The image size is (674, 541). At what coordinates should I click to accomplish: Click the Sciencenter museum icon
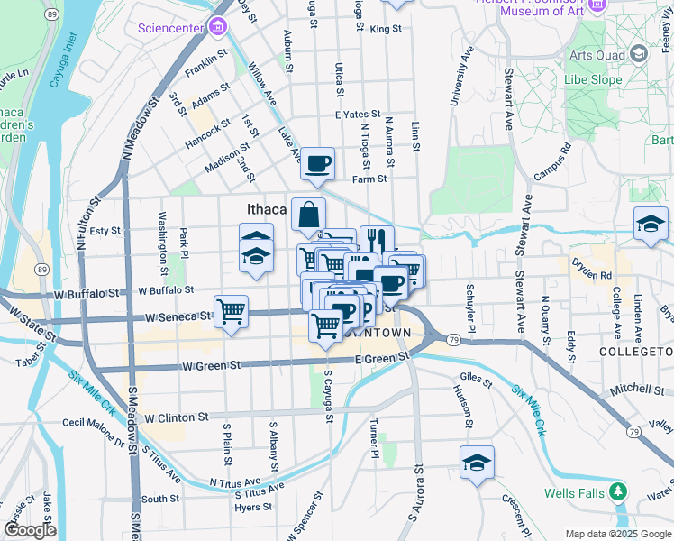click(215, 27)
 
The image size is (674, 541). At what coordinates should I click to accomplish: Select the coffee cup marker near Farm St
click(317, 164)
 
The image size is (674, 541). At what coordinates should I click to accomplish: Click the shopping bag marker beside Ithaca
click(308, 215)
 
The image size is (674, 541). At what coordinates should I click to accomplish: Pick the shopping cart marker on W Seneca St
click(232, 312)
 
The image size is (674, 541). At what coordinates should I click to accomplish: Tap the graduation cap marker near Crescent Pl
click(477, 463)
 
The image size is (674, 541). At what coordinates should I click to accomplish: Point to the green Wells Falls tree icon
click(618, 492)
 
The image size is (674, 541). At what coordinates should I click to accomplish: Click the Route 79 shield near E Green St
click(453, 340)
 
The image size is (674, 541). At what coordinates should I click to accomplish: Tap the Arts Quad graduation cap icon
click(639, 55)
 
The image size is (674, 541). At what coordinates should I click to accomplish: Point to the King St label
click(385, 29)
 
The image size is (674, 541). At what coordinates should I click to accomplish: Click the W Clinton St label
click(177, 418)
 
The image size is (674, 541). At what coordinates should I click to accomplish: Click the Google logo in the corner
click(30, 530)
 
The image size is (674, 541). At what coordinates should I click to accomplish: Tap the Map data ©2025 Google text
click(617, 534)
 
